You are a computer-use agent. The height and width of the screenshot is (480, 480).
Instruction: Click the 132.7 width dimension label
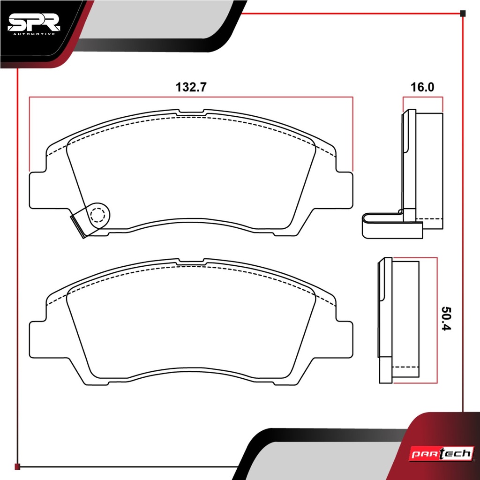(191, 87)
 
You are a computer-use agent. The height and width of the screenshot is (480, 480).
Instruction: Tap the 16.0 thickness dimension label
(422, 87)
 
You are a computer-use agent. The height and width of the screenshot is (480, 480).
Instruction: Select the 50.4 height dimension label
(447, 318)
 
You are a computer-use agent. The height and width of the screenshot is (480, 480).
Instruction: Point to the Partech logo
(442, 453)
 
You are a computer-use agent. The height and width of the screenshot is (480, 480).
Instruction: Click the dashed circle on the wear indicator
(98, 215)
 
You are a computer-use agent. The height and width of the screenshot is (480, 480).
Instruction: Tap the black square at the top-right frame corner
(463, 13)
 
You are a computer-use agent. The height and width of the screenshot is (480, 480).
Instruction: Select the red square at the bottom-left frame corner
(17, 466)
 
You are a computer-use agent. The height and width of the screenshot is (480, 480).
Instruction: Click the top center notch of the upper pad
(191, 112)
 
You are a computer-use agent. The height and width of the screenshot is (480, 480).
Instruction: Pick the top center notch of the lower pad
(191, 261)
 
